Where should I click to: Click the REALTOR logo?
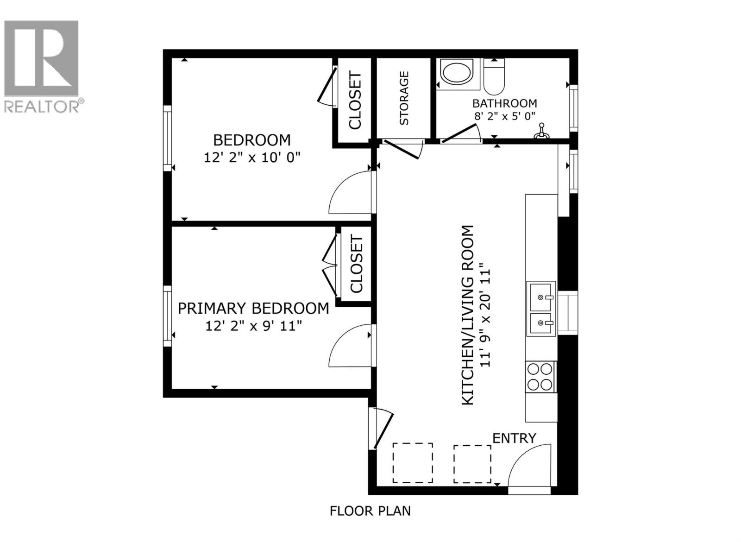click(42, 65)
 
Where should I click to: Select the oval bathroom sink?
click(456, 73)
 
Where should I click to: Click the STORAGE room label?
click(404, 98)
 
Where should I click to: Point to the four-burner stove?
click(540, 377)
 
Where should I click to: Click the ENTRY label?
click(514, 438)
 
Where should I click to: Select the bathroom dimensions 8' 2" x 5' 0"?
click(505, 116)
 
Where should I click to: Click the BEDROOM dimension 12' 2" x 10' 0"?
click(252, 158)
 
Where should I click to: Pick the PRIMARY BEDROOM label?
click(253, 308)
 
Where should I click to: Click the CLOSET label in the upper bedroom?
click(355, 100)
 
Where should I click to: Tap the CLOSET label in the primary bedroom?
click(356, 265)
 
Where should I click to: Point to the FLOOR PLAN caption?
click(370, 511)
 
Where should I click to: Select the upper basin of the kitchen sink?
click(541, 297)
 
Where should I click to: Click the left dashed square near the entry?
click(413, 463)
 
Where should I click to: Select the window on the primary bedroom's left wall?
click(167, 316)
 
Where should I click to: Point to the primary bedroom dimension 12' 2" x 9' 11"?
click(253, 326)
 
